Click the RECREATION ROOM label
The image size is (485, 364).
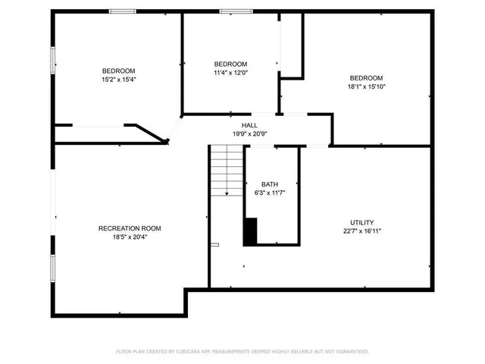pyautogui.click(x=130, y=228)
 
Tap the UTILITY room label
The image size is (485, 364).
pyautogui.click(x=361, y=222)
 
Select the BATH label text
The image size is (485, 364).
pyautogui.click(x=270, y=184)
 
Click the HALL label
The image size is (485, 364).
pyautogui.click(x=249, y=125)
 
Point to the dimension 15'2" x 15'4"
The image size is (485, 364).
pyautogui.click(x=119, y=79)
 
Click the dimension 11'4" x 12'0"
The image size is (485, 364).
pyautogui.click(x=230, y=72)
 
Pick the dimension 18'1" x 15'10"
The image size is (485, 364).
pyautogui.click(x=366, y=86)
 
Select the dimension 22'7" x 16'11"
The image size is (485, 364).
pyautogui.click(x=361, y=231)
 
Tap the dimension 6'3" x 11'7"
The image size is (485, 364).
pyautogui.click(x=270, y=193)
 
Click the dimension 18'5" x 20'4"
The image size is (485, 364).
pyautogui.click(x=130, y=237)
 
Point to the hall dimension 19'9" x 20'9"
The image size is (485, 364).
pyautogui.click(x=249, y=133)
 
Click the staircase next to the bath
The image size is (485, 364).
pyautogui.click(x=227, y=171)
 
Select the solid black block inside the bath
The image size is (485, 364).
pyautogui.click(x=250, y=231)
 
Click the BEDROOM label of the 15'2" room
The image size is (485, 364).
pyautogui.click(x=119, y=71)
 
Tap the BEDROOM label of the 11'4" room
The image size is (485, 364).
pyautogui.click(x=230, y=64)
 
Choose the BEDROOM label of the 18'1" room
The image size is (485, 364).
pyautogui.click(x=366, y=78)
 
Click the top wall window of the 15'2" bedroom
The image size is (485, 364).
pyautogui.click(x=122, y=11)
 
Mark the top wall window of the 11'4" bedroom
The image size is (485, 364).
pyautogui.click(x=231, y=11)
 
